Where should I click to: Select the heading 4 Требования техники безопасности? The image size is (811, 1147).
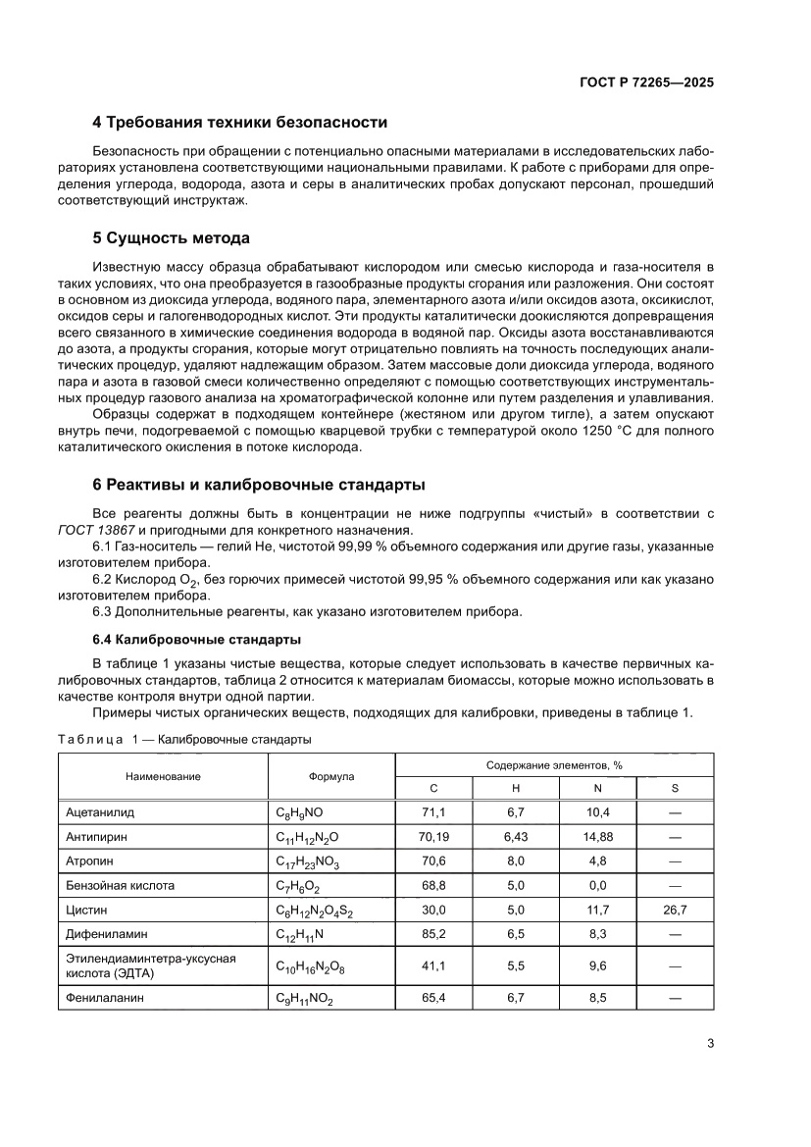coord(239,123)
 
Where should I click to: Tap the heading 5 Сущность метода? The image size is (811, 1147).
coord(171,238)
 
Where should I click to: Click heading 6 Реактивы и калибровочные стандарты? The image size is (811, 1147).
coord(258,485)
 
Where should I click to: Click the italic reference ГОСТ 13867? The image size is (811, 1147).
coord(94,531)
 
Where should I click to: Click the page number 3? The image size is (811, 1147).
coord(710,1043)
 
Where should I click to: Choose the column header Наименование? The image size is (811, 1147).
coord(163,776)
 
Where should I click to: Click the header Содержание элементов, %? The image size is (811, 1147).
coord(554,764)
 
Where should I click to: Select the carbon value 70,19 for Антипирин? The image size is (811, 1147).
coord(434,837)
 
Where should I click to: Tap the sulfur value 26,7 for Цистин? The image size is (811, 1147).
coord(675,910)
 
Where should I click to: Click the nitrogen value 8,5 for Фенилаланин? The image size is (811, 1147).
coord(598,998)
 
